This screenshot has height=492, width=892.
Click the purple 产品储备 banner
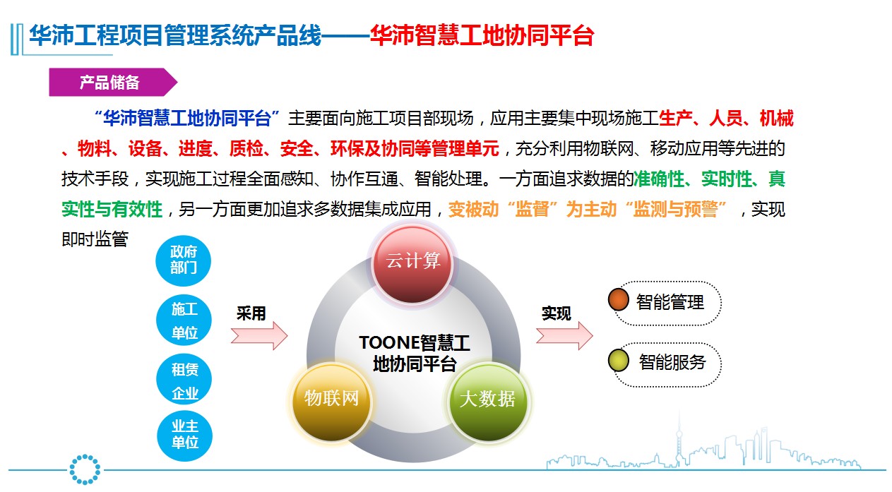click(113, 82)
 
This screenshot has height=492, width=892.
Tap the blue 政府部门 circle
click(184, 260)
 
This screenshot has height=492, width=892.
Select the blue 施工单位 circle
click(184, 320)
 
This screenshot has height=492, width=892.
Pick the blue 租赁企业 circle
click(184, 379)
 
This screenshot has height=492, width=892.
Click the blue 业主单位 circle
click(185, 436)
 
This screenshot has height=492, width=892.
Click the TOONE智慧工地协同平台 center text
click(414, 353)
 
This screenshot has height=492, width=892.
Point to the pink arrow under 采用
click(259, 335)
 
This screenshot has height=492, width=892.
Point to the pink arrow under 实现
click(564, 335)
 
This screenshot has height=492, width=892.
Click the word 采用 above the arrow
click(251, 313)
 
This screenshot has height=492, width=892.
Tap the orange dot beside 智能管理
click(619, 299)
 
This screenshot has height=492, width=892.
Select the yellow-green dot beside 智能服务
click(619, 360)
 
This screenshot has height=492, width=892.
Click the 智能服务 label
click(672, 362)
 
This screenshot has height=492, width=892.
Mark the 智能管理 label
click(670, 301)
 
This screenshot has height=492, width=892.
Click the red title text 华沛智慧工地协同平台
click(482, 35)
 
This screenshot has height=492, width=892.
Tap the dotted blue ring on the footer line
click(85, 469)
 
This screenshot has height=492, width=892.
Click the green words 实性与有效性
click(112, 209)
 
